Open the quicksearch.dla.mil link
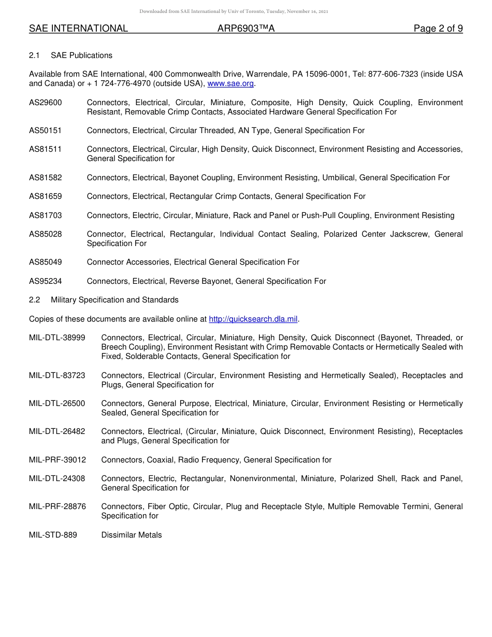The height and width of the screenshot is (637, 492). pos(253,319)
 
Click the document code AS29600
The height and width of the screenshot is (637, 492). pos(46,103)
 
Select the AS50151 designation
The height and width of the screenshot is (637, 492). pos(46,131)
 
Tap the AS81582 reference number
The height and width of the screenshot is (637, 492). pos(46,178)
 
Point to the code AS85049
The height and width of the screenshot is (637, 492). pos(46,262)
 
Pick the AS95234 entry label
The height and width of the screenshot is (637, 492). pos(46,281)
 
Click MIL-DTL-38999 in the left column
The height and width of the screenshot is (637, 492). pos(57,338)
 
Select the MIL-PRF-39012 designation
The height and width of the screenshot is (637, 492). pos(57,460)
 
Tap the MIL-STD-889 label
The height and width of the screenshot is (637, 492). pos(53,535)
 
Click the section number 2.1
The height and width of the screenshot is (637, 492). pos(34,55)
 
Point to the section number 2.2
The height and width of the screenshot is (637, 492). pos(34,300)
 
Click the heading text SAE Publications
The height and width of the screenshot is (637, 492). pos(81,55)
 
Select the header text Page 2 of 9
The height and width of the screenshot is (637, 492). pos(438,29)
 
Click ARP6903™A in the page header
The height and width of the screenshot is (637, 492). pos(246,29)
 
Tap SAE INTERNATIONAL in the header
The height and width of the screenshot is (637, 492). pos(78,29)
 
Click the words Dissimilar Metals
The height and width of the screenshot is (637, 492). pos(132,535)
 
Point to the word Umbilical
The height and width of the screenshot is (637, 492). pos(338,178)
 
